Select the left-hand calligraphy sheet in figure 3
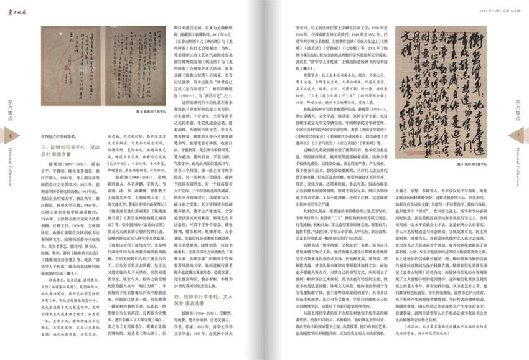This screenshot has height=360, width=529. point(72,65)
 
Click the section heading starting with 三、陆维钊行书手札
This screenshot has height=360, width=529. point(71,147)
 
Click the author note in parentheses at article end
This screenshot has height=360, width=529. point(447,339)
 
